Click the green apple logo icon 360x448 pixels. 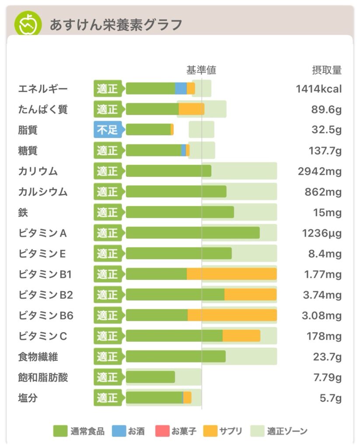click(28, 24)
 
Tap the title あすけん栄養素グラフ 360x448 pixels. click(115, 24)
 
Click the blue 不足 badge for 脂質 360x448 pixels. click(108, 130)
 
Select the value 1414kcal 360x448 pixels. click(318, 89)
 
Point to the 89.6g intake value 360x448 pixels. click(326, 110)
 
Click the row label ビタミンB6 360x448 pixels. click(45, 315)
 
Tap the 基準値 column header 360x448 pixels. click(201, 70)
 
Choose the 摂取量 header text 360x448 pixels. click(326, 70)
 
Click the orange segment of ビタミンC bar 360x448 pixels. click(241, 336)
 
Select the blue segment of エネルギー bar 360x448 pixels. click(181, 89)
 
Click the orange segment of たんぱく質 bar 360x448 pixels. click(191, 109)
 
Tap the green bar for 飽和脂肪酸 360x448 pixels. click(150, 377)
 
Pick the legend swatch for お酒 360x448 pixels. click(119, 431)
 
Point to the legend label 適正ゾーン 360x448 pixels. click(287, 431)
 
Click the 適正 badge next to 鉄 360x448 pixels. click(108, 213)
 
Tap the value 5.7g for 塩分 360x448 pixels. click(331, 398)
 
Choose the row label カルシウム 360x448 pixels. click(43, 192)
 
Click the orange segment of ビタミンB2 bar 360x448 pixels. click(250, 295)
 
